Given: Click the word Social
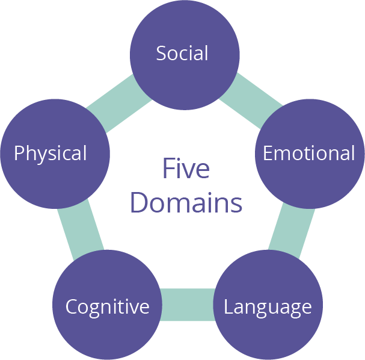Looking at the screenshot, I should pyautogui.click(x=182, y=54).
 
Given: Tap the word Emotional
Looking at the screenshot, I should pyautogui.click(x=309, y=154).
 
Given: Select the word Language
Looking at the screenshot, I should pyautogui.click(x=268, y=307).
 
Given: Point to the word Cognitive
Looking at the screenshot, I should pyautogui.click(x=107, y=307).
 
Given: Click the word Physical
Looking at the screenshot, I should pyautogui.click(x=51, y=154).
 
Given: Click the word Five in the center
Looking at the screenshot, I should pyautogui.click(x=186, y=169).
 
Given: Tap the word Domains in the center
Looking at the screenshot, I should pyautogui.click(x=186, y=203).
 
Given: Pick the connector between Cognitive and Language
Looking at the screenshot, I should pyautogui.click(x=188, y=304).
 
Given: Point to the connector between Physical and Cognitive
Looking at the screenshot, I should pyautogui.click(x=82, y=228).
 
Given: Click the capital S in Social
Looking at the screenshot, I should pyautogui.click(x=161, y=54).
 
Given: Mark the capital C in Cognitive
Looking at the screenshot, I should pyautogui.click(x=71, y=307).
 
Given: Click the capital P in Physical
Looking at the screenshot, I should pyautogui.click(x=19, y=154).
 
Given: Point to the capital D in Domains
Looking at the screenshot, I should pyautogui.click(x=139, y=203).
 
